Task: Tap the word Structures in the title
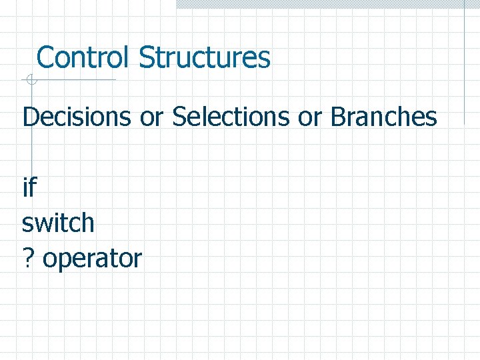[x=205, y=57]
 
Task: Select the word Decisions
[x=77, y=117]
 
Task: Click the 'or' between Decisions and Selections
[x=152, y=118]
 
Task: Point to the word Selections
[x=232, y=117]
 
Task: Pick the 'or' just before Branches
[x=310, y=118]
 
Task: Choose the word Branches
[x=383, y=117]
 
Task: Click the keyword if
[x=29, y=188]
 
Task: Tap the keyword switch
[x=59, y=223]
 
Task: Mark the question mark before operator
[x=28, y=258]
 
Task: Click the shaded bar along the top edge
[x=327, y=4]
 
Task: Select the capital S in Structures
[x=146, y=57]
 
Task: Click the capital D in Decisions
[x=30, y=117]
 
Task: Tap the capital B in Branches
[x=337, y=117]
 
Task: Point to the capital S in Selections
[x=179, y=117]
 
